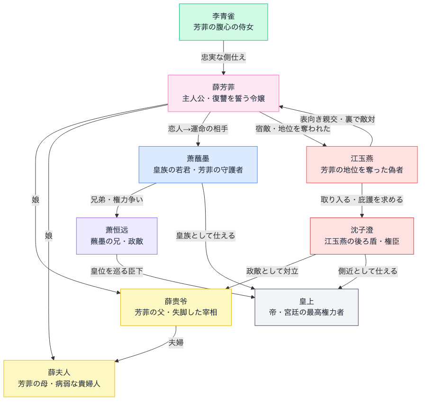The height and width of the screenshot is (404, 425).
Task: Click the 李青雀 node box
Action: [x=223, y=22]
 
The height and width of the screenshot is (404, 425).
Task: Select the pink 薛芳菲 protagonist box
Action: [x=223, y=93]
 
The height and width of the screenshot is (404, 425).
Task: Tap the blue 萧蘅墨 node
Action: [x=198, y=164]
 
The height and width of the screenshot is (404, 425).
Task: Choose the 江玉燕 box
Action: [x=362, y=164]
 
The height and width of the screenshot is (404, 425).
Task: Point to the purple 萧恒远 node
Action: [x=117, y=236]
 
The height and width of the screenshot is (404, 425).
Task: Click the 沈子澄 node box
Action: [x=362, y=236]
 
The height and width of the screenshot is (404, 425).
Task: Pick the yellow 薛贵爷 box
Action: [x=176, y=307]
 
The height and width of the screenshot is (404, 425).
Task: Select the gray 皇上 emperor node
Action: [x=306, y=307]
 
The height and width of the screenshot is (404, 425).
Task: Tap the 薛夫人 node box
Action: [x=59, y=378]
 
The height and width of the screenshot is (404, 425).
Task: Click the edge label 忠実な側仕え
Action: [x=223, y=57]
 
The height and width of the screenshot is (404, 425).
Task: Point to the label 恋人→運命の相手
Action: [x=198, y=129]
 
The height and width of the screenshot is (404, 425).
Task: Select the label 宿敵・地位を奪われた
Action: [x=293, y=129]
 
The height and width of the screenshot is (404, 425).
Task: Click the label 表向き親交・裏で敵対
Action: [x=337, y=119]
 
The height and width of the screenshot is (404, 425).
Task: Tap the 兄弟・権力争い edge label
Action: [x=117, y=200]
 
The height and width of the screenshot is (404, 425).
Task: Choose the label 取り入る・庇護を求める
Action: [x=362, y=200]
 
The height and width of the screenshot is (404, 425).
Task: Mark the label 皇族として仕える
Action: [x=206, y=235]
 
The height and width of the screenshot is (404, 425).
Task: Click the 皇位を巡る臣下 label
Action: [x=117, y=271]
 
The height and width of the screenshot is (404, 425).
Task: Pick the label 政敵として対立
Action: [x=272, y=271]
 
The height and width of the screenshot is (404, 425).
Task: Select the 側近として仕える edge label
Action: [x=367, y=271]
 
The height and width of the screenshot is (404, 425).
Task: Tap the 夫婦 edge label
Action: [x=176, y=343]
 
